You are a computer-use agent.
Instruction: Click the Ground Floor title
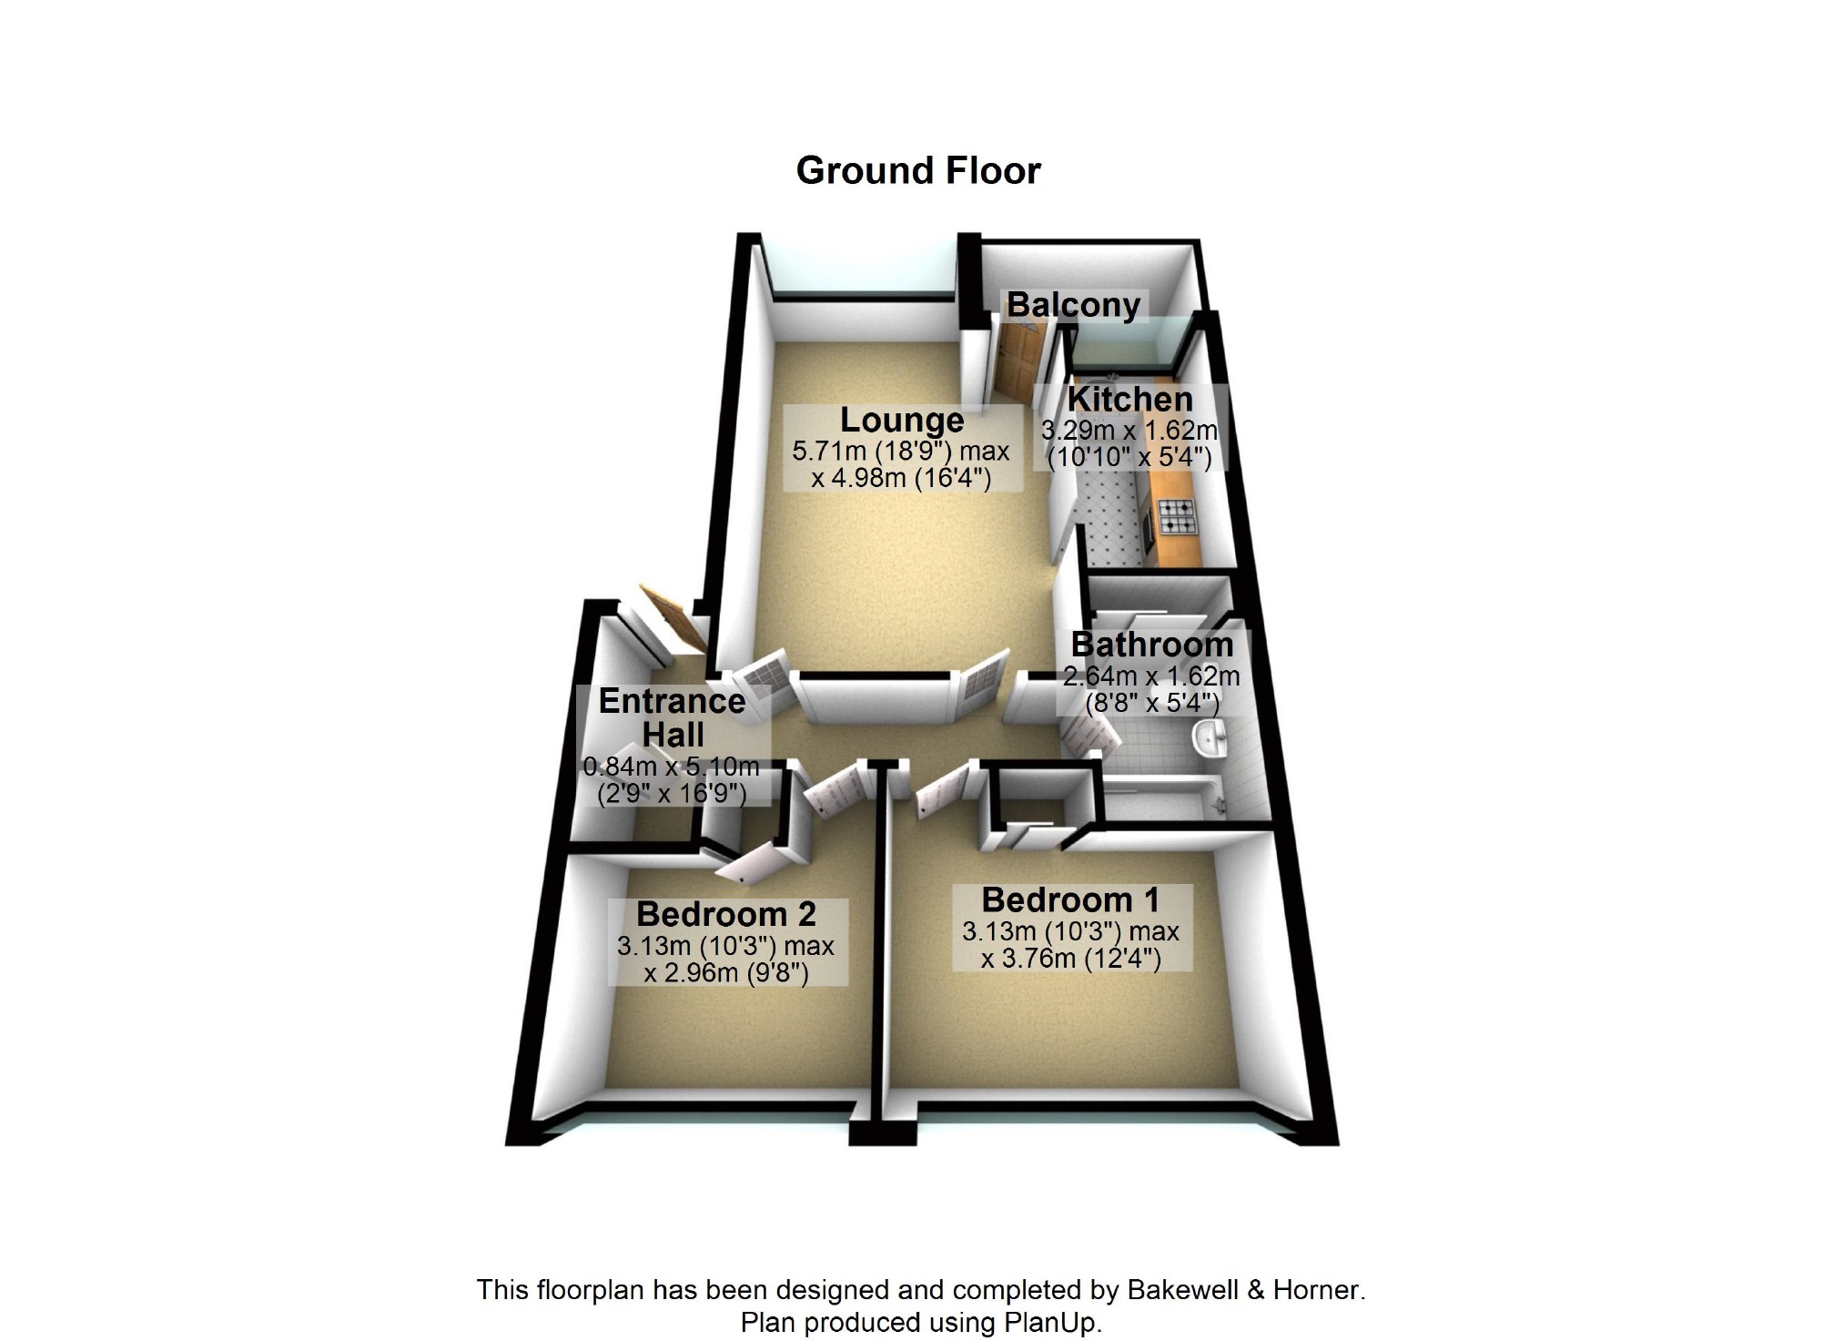pos(917,171)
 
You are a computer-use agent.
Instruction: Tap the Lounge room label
pos(901,420)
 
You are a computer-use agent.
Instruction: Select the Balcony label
pos(1073,305)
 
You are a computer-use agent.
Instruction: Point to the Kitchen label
pos(1129,400)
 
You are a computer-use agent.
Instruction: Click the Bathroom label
pos(1152,645)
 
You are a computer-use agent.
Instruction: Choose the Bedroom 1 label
pos(1070,900)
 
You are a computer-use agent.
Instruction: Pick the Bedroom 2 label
pos(725,914)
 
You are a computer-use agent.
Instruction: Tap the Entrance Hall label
pos(672,717)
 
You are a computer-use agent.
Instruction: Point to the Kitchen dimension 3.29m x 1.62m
pos(1129,431)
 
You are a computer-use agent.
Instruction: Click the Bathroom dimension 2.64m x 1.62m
pos(1151,676)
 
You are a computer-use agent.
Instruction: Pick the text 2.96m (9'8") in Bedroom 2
pos(736,973)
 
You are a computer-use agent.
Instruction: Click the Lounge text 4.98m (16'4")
pos(911,478)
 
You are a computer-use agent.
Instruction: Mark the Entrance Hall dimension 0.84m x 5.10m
pos(671,766)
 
